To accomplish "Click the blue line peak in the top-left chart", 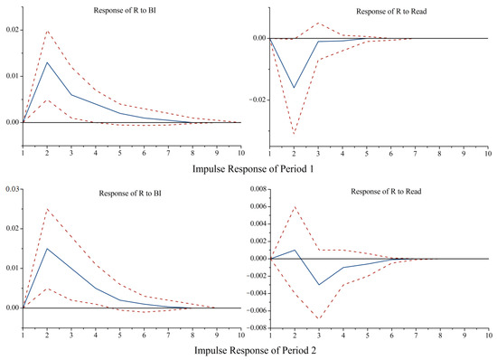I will pos(47,62).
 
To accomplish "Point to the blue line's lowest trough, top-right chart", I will pos(294,88).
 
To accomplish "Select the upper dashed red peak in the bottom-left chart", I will pos(47,209).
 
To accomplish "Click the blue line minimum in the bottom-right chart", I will pos(318,285).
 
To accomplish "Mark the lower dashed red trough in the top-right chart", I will pos(294,134).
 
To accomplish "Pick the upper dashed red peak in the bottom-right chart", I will pos(294,207).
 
